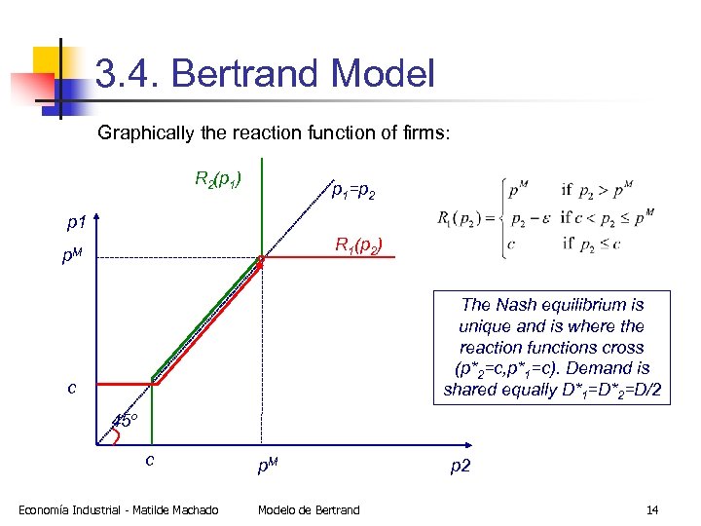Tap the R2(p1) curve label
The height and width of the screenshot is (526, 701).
(x=218, y=178)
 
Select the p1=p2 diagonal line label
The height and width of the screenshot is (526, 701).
(x=352, y=194)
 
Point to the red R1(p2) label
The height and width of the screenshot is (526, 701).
(x=365, y=244)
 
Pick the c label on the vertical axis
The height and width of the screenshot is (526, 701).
(x=72, y=388)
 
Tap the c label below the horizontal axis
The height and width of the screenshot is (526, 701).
(x=150, y=459)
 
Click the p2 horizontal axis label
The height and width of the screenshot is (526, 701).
(x=460, y=466)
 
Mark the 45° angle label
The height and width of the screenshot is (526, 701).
(x=125, y=421)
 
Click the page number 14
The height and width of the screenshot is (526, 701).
(x=651, y=509)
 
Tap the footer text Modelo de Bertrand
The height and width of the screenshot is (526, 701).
(x=309, y=509)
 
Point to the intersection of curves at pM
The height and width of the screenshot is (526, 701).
(x=261, y=258)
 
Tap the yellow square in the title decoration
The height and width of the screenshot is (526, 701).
(x=49, y=62)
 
